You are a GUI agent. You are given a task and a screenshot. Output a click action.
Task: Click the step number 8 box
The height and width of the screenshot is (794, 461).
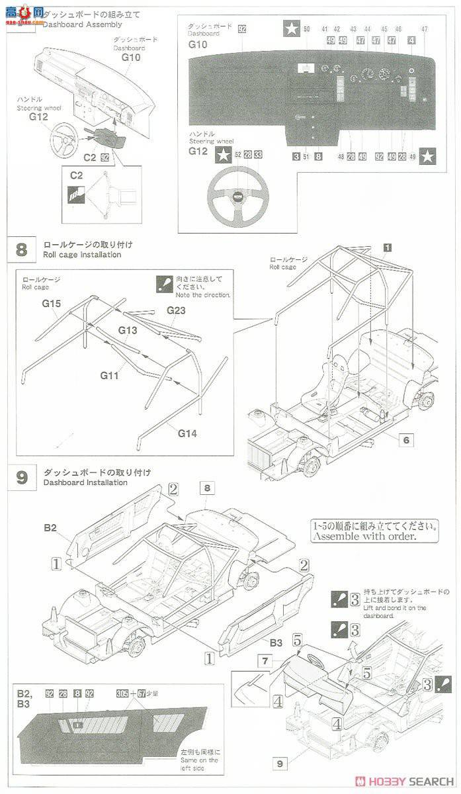pos(22,249)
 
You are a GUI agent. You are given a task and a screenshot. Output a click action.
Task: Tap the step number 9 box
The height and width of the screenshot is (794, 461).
pos(22,477)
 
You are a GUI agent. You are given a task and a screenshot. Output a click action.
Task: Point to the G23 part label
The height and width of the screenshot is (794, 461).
pos(175,310)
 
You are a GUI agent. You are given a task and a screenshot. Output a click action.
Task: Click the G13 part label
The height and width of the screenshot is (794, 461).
pos(128,330)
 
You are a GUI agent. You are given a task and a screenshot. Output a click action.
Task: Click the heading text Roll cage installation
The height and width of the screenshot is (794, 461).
pos(83,255)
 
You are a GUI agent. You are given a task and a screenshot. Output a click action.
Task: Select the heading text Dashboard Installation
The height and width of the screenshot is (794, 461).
pos(85,482)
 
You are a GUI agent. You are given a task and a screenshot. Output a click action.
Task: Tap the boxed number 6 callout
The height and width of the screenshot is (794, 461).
pos(405,439)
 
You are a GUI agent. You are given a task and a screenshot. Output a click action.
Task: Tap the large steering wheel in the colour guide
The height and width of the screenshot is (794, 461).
pos(238,196)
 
